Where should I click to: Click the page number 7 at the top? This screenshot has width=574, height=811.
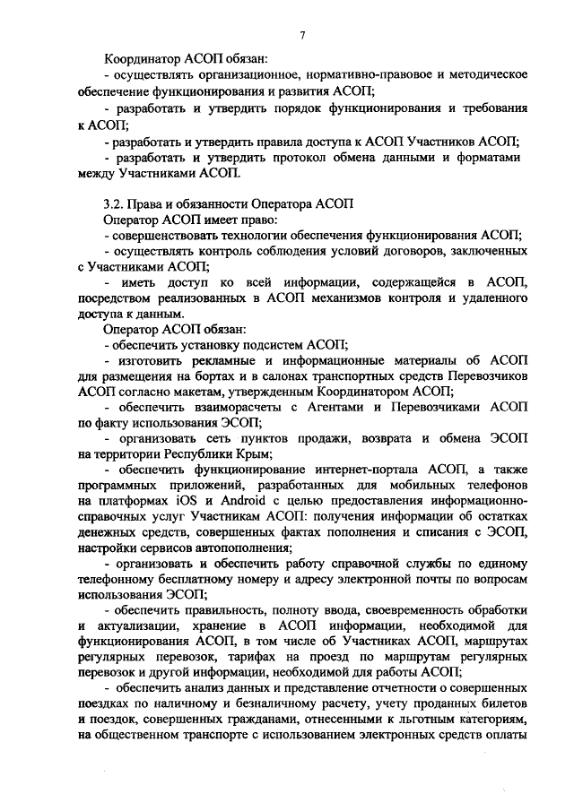[x=303, y=35]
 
